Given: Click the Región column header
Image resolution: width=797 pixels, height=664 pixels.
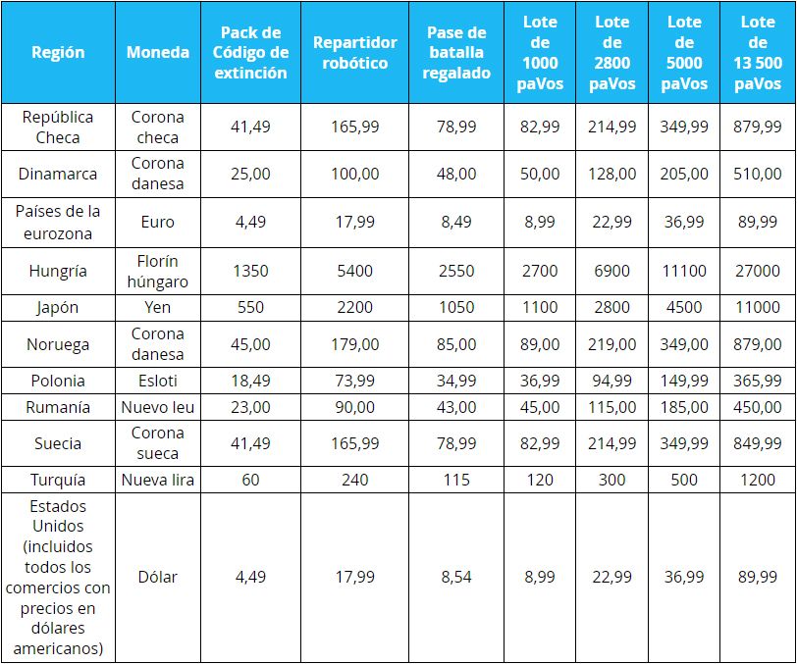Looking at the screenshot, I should pyautogui.click(x=58, y=52).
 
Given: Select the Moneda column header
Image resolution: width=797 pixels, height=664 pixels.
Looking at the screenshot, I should pyautogui.click(x=158, y=52).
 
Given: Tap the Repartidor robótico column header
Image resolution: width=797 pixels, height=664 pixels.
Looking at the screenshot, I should pyautogui.click(x=355, y=53).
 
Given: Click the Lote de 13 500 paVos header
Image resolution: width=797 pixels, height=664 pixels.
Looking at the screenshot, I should pyautogui.click(x=758, y=53).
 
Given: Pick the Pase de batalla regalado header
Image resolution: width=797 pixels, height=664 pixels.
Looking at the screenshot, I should pyautogui.click(x=457, y=53).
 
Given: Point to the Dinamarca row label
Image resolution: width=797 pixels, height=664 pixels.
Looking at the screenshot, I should pyautogui.click(x=58, y=174).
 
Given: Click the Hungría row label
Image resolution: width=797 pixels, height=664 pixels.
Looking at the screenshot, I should pyautogui.click(x=58, y=271).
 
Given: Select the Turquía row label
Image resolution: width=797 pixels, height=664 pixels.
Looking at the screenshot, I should pyautogui.click(x=58, y=480).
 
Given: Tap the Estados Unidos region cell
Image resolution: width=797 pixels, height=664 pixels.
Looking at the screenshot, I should pyautogui.click(x=58, y=577).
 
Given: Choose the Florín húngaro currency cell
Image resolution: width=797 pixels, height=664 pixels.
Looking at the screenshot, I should pyautogui.click(x=158, y=271).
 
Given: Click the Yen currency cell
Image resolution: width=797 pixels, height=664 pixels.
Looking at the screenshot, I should pyautogui.click(x=158, y=307).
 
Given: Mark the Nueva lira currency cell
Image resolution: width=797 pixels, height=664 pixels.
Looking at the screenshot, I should pyautogui.click(x=158, y=480).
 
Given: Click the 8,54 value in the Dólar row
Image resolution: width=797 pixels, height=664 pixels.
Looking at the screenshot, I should pyautogui.click(x=457, y=577).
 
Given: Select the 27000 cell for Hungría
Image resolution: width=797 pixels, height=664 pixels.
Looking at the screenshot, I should pyautogui.click(x=758, y=271).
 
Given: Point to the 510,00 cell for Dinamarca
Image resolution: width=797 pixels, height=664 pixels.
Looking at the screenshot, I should pyautogui.click(x=758, y=174).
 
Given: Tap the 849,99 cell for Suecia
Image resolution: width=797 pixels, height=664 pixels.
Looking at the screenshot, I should pyautogui.click(x=758, y=443).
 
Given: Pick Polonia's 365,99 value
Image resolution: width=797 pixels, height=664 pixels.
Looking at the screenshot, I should pyautogui.click(x=758, y=381).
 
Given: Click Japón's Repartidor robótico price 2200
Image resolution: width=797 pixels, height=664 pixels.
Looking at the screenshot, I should pyautogui.click(x=355, y=307).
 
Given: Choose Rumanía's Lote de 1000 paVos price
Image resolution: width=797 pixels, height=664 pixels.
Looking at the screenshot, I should pyautogui.click(x=541, y=407).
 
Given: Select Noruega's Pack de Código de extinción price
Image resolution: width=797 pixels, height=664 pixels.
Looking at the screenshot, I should pyautogui.click(x=251, y=344).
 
